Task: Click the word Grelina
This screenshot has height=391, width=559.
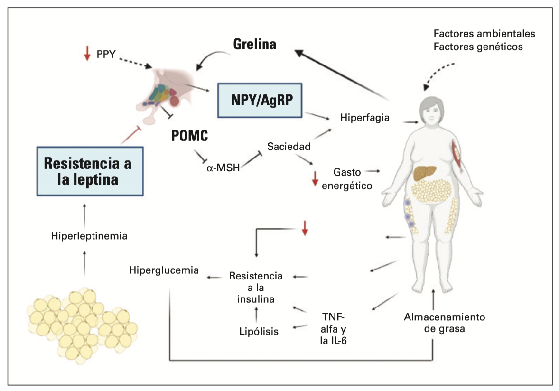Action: pyautogui.click(x=254, y=44)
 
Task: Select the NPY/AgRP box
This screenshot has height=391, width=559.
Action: pyautogui.click(x=260, y=100)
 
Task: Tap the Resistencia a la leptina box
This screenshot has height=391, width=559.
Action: pyautogui.click(x=90, y=171)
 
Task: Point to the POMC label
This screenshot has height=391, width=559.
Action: pyautogui.click(x=189, y=136)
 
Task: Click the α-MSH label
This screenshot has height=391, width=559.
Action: pyautogui.click(x=223, y=168)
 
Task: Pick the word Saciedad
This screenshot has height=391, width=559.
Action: pyautogui.click(x=289, y=147)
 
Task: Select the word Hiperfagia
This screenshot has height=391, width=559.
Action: pyautogui.click(x=365, y=118)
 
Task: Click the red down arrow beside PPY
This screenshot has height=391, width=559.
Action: pyautogui.click(x=87, y=54)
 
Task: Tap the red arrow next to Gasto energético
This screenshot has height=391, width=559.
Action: pyautogui.click(x=315, y=178)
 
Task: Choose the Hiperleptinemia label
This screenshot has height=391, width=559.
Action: pyautogui.click(x=89, y=236)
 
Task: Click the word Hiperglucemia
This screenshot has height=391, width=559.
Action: pyautogui.click(x=164, y=270)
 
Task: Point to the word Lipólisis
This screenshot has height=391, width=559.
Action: pyautogui.click(x=259, y=332)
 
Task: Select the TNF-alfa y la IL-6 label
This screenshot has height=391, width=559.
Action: pyautogui.click(x=333, y=329)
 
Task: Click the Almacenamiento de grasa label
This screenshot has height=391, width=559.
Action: pyautogui.click(x=444, y=323)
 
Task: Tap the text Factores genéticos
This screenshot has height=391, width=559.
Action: pyautogui.click(x=478, y=47)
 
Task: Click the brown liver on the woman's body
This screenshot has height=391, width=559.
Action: pyautogui.click(x=425, y=173)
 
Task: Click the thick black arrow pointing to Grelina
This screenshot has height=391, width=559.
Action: pyautogui.click(x=342, y=75)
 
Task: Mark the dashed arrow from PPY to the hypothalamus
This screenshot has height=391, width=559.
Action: pyautogui.click(x=135, y=63)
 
